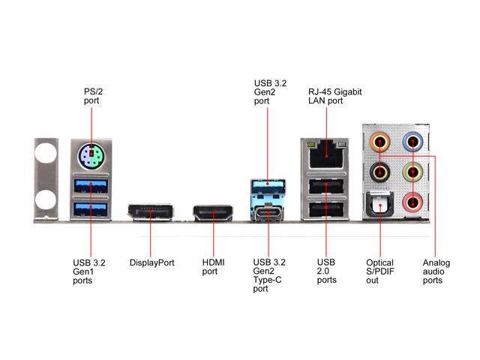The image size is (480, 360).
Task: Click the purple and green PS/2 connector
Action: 91,158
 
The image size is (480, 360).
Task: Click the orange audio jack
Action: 381,141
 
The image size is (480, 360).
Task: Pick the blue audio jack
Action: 411,141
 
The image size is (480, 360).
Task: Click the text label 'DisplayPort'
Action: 151,263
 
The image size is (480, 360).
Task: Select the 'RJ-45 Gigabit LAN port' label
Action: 334,95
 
